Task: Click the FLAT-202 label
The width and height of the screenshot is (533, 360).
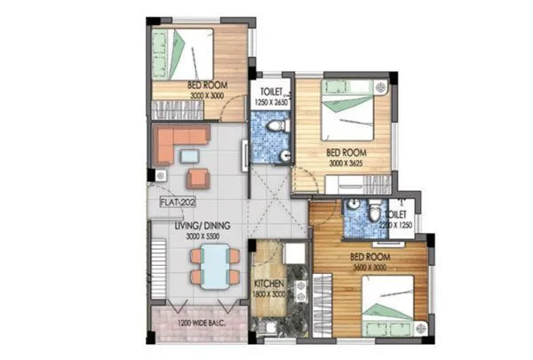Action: pyautogui.click(x=178, y=202)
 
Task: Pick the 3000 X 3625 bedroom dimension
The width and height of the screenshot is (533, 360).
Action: pyautogui.click(x=346, y=164)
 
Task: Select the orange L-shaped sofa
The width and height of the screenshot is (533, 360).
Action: pyautogui.click(x=178, y=142)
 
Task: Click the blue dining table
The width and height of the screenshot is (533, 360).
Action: pyautogui.click(x=214, y=265)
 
